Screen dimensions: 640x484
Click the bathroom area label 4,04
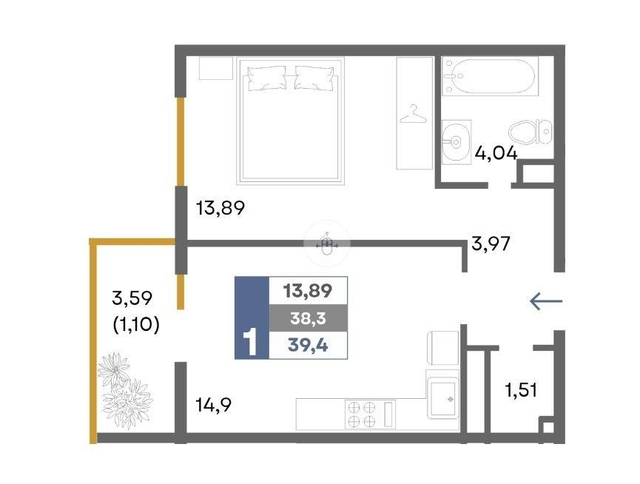point(496,154)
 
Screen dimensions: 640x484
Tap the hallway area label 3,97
point(491,244)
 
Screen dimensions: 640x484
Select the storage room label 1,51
point(521,390)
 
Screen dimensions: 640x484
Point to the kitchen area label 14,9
point(214,406)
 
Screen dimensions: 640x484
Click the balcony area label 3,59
point(132,298)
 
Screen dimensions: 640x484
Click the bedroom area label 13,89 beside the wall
point(220,208)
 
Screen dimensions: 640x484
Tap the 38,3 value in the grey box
point(309,318)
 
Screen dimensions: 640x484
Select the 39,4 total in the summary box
point(309,346)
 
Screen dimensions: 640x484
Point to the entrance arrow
point(546,302)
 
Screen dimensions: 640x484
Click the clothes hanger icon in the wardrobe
point(413,114)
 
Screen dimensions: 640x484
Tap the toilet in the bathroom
point(530,132)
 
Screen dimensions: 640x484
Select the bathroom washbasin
point(457,142)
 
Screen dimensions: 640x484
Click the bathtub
point(491,76)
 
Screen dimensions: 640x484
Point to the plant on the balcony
point(124,391)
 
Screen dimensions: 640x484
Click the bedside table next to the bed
point(215,68)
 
